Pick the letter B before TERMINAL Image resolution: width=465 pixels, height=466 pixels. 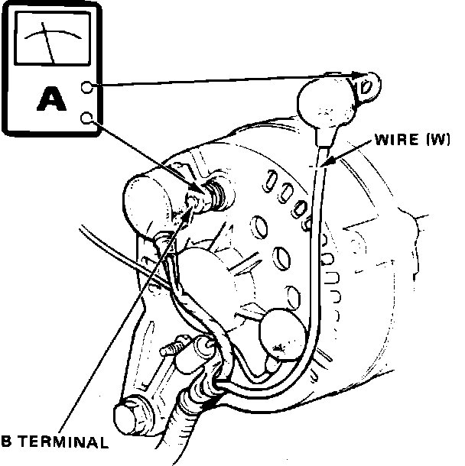(x=6, y=442)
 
